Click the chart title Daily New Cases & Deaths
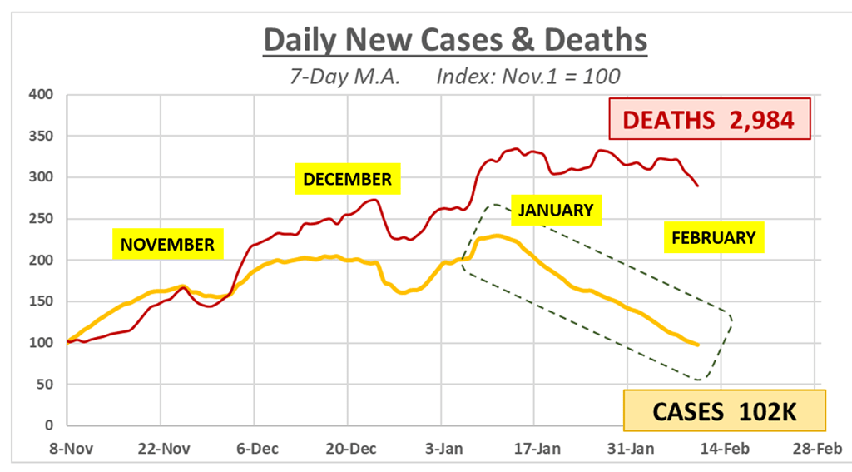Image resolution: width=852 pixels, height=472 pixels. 455,40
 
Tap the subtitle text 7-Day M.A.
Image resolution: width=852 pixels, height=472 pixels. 345,76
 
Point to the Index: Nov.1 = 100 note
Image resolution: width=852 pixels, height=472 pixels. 528,76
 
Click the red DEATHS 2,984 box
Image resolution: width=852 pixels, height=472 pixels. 710,119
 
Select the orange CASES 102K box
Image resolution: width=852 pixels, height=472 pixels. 725,411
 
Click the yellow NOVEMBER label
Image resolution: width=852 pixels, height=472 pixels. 167,244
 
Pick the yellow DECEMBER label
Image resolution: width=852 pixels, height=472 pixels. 347,179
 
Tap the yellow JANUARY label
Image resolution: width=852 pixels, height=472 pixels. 556,210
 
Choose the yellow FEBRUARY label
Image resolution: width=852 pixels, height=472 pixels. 713,237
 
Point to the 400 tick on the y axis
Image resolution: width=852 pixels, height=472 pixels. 42,95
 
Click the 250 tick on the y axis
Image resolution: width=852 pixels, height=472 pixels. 42,219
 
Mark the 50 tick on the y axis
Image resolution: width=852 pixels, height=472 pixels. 45,384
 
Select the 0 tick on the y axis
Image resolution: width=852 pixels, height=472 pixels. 49,425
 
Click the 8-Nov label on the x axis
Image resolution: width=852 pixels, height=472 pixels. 72,449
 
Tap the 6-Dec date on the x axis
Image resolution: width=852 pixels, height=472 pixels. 258,449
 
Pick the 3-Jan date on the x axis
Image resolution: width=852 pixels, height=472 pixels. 444,449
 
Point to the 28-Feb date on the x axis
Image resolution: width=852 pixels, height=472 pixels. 817,449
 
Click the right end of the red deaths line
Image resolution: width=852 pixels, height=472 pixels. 698,186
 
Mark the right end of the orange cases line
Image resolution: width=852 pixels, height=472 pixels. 698,345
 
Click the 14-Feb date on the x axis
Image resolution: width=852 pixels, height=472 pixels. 725,449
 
